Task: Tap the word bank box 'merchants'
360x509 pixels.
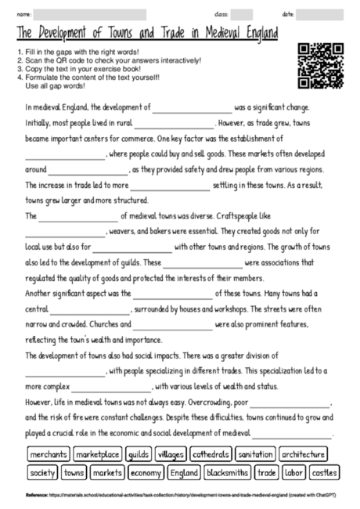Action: pyautogui.click(x=49, y=454)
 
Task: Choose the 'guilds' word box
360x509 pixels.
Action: pyautogui.click(x=138, y=454)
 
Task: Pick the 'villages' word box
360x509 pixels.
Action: pyautogui.click(x=170, y=454)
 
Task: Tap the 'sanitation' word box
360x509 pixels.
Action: pyautogui.click(x=255, y=454)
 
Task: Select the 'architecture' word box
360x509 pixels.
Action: pyautogui.click(x=303, y=454)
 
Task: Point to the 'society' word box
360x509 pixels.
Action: pyautogui.click(x=42, y=473)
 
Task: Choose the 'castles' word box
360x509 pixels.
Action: pyautogui.click(x=323, y=473)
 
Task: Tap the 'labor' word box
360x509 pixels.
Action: pyautogui.click(x=293, y=473)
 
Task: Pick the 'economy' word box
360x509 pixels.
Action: pyautogui.click(x=146, y=473)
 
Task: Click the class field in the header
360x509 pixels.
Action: pyautogui.click(x=242, y=14)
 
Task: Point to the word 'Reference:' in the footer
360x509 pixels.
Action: pyautogui.click(x=37, y=495)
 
